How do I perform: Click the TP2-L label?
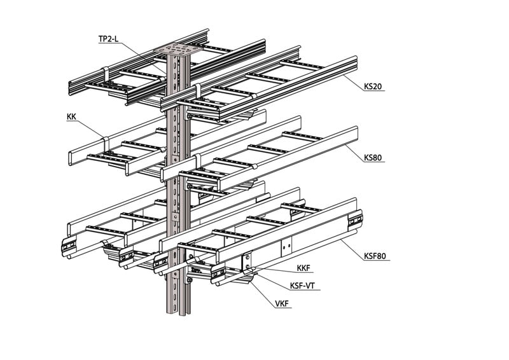pyautogui.click(x=108, y=39)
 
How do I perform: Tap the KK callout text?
pyautogui.click(x=72, y=117)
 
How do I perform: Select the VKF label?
pyautogui.click(x=281, y=303)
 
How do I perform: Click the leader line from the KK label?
pyautogui.click(x=89, y=127)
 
